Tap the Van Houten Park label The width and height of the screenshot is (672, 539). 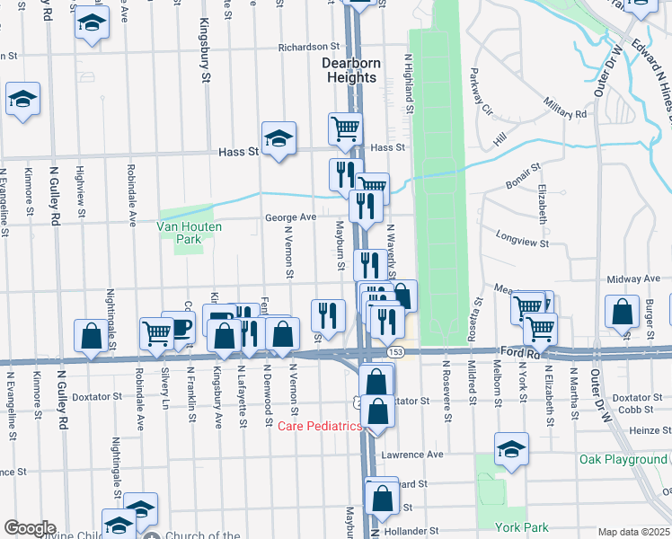190,227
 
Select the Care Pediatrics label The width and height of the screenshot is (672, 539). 319,425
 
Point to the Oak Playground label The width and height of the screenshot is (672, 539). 623,459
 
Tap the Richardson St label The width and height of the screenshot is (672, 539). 311,47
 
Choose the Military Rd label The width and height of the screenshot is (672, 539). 564,114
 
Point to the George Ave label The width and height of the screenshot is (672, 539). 290,217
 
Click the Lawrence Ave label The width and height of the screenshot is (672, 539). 412,455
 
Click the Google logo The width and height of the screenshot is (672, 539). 30,528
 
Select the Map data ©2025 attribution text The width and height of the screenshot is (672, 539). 633,532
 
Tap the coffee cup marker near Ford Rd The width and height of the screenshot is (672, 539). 179,326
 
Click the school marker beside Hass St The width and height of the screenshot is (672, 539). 279,137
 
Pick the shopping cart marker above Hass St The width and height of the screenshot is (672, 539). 345,128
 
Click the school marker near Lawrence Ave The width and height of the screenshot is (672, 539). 511,448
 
